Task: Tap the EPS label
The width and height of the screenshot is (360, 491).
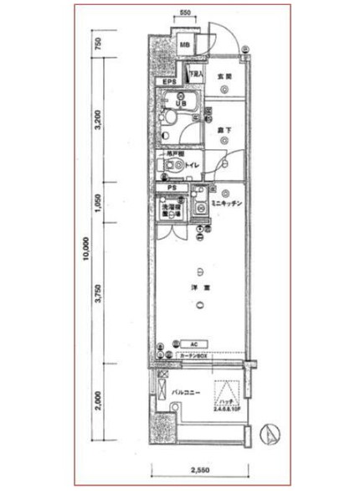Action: [169, 82]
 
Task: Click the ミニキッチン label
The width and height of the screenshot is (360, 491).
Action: [226, 204]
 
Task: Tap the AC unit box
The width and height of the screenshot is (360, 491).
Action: [193, 344]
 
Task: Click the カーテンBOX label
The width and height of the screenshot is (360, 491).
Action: [193, 356]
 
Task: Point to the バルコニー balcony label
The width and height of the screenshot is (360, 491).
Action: [186, 391]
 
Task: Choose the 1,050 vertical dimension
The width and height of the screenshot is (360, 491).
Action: [98, 204]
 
